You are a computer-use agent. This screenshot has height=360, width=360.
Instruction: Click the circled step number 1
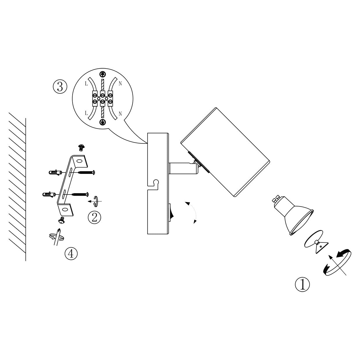[302, 285]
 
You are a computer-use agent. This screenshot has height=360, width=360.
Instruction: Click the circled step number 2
[94, 217]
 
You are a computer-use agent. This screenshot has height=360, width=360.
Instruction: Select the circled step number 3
[60, 87]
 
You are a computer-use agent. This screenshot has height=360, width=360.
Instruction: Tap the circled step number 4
[71, 253]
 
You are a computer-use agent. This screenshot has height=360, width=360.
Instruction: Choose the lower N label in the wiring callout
[120, 114]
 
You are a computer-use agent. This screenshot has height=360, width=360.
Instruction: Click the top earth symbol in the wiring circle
[102, 74]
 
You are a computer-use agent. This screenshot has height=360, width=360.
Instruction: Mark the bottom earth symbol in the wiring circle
[102, 122]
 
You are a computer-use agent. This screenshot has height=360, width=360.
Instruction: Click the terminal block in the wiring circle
[102, 98]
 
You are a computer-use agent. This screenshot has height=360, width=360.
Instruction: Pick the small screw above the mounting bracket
[81, 147]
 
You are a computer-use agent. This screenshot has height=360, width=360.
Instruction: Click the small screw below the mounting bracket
[61, 220]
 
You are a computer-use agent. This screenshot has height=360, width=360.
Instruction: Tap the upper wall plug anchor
[55, 173]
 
